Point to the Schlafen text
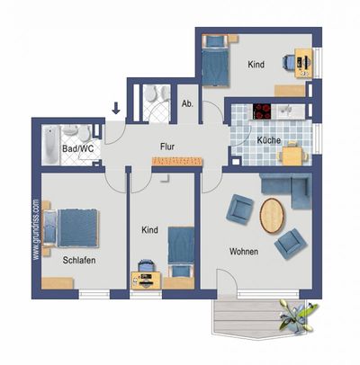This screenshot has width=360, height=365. [x=79, y=261]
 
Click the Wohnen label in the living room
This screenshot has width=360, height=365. [x=244, y=252]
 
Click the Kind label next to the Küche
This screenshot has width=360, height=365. [x=256, y=65]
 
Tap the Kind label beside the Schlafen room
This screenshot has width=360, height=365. [x=149, y=230]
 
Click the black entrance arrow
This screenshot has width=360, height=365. [x=116, y=110]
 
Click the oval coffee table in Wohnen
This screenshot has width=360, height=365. [x=273, y=216]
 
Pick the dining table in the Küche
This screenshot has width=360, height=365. [x=293, y=155]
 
